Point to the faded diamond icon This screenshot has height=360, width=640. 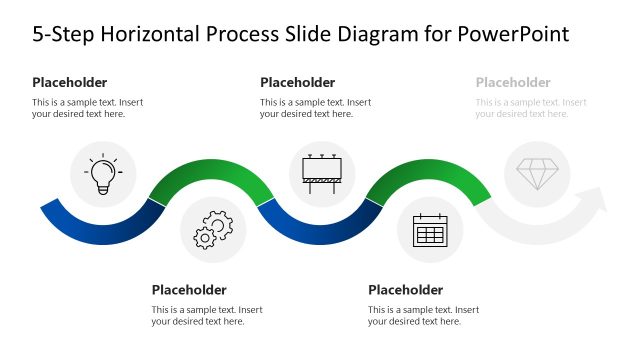(538, 173)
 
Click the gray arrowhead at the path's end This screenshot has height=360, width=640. (594, 206)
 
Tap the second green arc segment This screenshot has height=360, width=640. (431, 171)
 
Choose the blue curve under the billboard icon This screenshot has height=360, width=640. (321, 228)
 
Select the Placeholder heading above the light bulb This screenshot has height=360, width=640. (69, 82)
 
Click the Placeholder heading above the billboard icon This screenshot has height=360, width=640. (297, 82)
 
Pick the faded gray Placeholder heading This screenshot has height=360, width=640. (513, 82)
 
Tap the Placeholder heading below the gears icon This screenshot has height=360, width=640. (189, 290)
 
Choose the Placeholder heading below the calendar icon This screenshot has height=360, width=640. (405, 290)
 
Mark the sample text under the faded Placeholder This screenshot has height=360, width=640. (531, 108)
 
